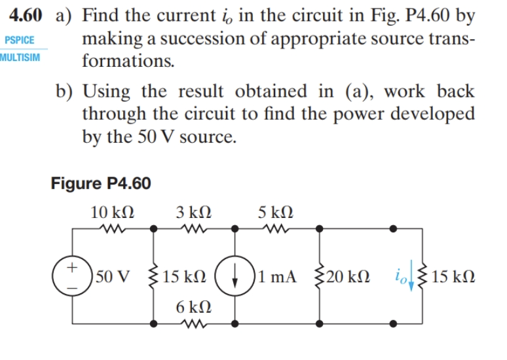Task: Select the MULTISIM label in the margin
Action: (x=20, y=57)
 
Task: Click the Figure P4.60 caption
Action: (x=101, y=184)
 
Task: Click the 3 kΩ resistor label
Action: (x=193, y=213)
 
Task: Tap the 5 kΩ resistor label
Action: (x=276, y=213)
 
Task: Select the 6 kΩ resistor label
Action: (x=193, y=306)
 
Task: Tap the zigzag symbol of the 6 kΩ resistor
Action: (x=193, y=323)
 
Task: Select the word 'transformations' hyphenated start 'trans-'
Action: (x=445, y=39)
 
